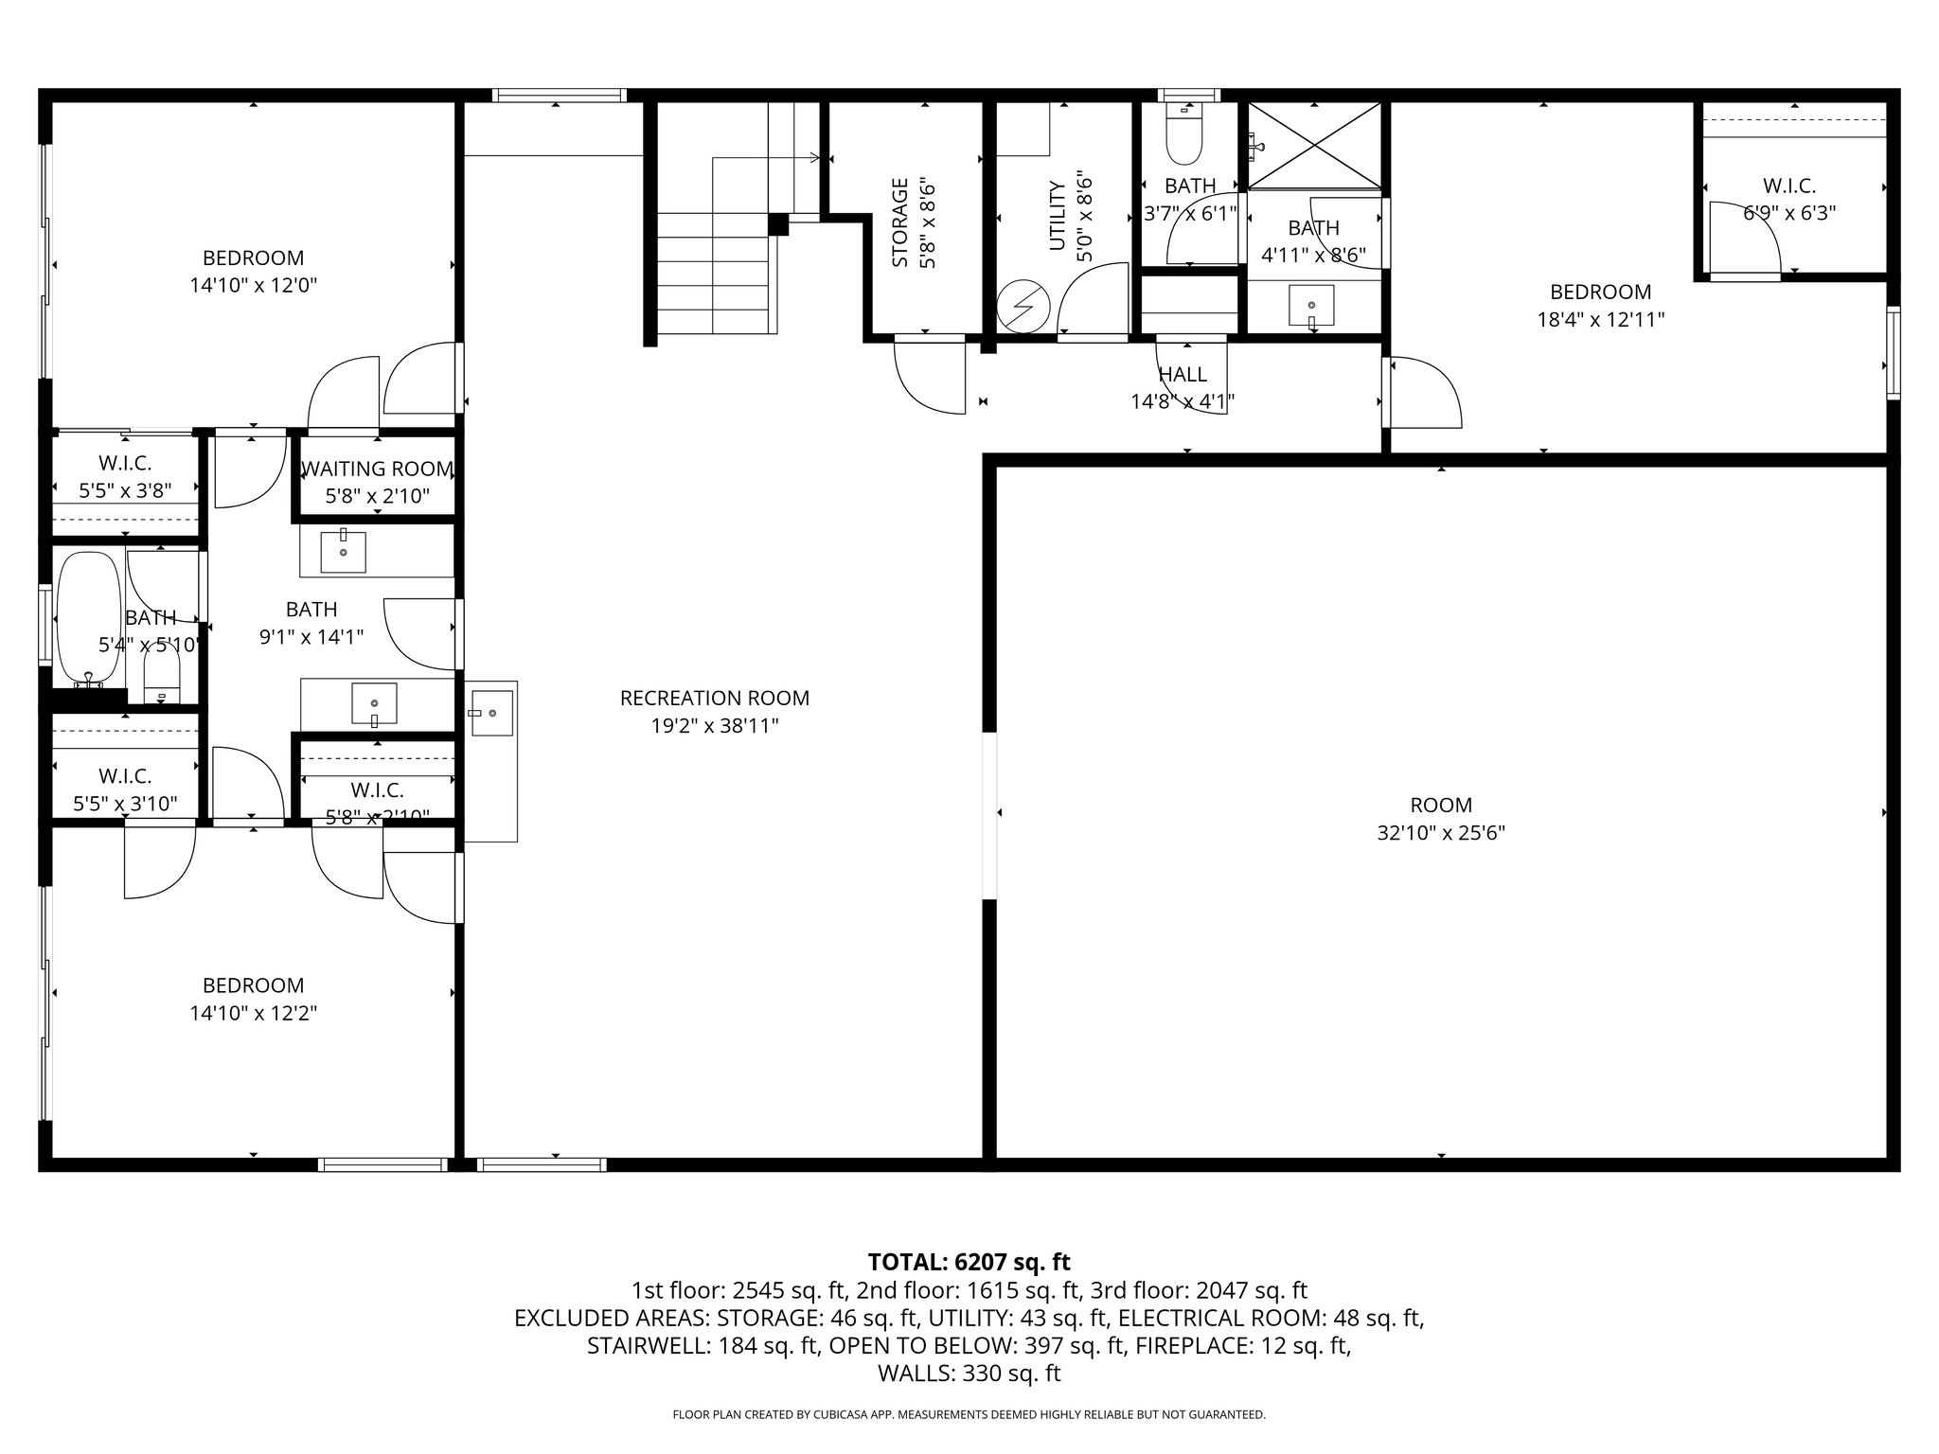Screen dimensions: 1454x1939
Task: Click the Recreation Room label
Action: coord(714,699)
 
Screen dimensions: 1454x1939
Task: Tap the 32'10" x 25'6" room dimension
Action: coord(1440,833)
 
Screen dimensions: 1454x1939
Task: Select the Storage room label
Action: coord(899,222)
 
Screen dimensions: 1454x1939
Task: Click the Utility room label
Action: coord(1058,216)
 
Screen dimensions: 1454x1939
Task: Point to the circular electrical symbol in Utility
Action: coord(1023,306)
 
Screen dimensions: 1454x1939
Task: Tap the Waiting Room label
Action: coord(377,470)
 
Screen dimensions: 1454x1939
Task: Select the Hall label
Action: coord(1182,375)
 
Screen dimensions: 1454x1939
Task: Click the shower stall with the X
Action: coord(1314,145)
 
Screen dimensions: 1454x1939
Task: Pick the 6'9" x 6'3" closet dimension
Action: coord(1788,214)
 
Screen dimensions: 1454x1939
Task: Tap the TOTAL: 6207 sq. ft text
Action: coord(969,1262)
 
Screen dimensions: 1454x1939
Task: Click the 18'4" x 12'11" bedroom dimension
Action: coord(1600,320)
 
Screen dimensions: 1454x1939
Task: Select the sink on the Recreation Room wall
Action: coord(491,713)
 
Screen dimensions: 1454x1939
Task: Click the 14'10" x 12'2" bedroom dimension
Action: coord(253,1013)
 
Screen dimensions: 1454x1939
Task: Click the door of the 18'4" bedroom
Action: coord(1425,390)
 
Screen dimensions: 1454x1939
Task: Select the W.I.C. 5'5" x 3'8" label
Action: coord(125,477)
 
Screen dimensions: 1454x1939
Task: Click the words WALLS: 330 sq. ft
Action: coord(969,1374)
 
